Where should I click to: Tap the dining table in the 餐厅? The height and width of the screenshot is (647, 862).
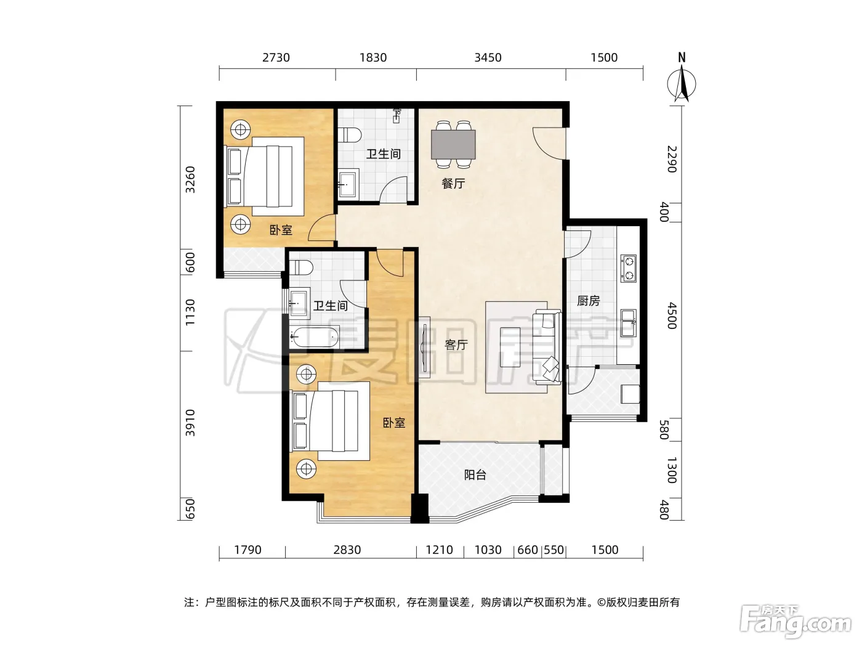[x=453, y=144]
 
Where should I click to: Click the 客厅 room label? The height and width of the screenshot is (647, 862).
[x=456, y=344]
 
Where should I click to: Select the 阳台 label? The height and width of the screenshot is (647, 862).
[x=475, y=475]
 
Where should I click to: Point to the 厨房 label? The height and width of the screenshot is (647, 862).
[x=588, y=301]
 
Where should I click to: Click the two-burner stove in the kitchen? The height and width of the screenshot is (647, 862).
[x=629, y=268]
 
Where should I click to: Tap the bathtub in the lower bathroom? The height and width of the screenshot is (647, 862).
[x=314, y=336]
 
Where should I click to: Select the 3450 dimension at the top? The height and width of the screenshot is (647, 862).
[x=488, y=58]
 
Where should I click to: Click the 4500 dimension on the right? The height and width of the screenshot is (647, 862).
[x=672, y=315]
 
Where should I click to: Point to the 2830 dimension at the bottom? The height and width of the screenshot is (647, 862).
[x=347, y=550]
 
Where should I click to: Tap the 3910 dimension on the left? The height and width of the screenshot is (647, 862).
[x=190, y=423]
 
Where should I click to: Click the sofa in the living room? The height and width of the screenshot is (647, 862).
[x=547, y=348]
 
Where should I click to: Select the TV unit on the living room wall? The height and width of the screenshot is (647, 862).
[x=424, y=348]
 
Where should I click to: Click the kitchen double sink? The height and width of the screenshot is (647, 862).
[x=629, y=323]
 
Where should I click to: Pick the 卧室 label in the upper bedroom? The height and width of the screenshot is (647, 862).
[x=281, y=230]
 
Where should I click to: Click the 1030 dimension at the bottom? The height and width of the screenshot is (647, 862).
[x=488, y=550]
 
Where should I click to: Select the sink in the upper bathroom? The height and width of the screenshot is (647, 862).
[x=348, y=182]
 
